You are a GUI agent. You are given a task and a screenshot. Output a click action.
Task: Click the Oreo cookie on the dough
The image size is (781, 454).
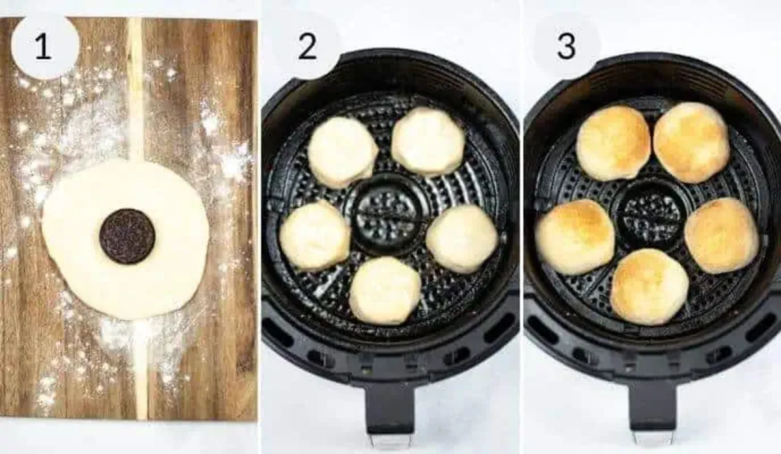coord(127,236)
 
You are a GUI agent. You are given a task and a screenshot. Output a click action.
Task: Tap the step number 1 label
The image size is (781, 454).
coord(43,47)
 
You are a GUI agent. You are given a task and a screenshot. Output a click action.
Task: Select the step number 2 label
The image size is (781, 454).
coord(307,47)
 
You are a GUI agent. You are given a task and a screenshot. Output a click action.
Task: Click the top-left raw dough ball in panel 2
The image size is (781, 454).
coord(342,152)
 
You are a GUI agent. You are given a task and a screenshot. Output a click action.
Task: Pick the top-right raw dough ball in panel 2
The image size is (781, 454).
coord(428,141)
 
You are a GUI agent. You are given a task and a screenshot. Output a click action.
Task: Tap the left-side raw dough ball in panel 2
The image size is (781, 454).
coord(315,235)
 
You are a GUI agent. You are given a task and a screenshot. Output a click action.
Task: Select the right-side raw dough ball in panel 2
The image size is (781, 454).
coord(462,238)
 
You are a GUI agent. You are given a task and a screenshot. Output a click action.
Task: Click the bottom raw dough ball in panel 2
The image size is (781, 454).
coord(385,290)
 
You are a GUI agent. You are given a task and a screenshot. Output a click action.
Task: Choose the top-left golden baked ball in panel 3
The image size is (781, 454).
coord(613,142)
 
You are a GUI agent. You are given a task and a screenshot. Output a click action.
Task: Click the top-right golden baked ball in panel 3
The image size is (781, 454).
coord(691,142)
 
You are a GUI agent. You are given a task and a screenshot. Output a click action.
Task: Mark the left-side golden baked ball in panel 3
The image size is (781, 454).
coord(575,237)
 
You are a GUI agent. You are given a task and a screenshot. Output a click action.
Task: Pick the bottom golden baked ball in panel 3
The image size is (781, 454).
coord(649,286)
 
